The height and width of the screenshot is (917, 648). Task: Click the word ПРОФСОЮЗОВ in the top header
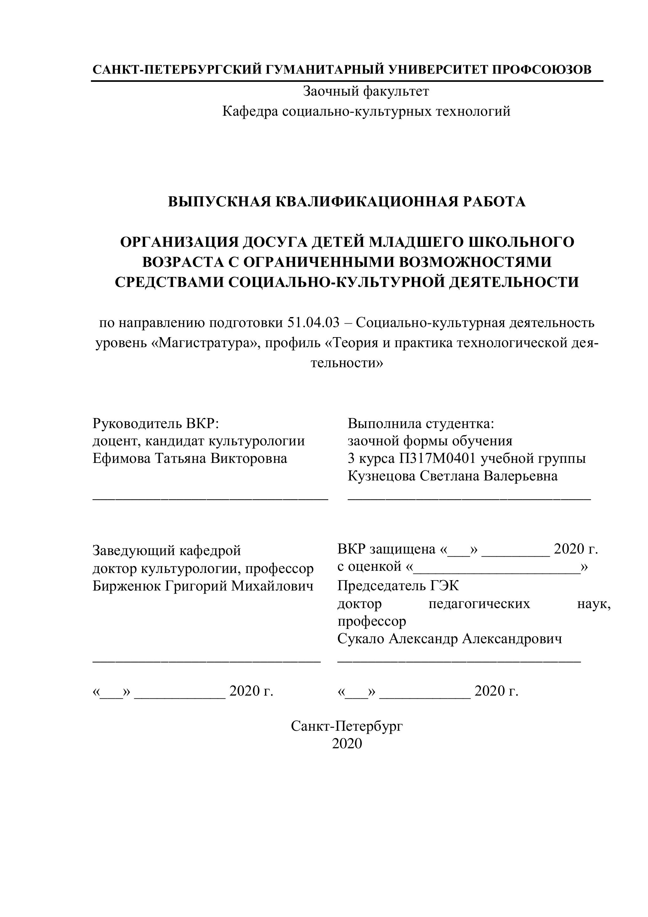[541, 70]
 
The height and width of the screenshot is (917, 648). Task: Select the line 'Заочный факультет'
[366, 92]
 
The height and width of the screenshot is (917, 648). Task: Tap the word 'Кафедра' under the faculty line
[250, 111]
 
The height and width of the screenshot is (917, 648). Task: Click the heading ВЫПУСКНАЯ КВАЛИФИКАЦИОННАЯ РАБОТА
[346, 202]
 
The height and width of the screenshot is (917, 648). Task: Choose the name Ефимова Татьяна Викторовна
[190, 458]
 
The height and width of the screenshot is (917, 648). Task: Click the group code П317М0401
[438, 458]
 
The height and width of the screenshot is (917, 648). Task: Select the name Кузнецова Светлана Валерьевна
[453, 476]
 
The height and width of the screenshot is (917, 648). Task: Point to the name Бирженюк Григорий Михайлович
[203, 586]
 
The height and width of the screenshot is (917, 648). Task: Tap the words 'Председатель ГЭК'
[398, 586]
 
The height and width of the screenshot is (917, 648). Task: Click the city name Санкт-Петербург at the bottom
[346, 726]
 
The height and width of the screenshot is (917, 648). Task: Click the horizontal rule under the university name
[346, 82]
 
